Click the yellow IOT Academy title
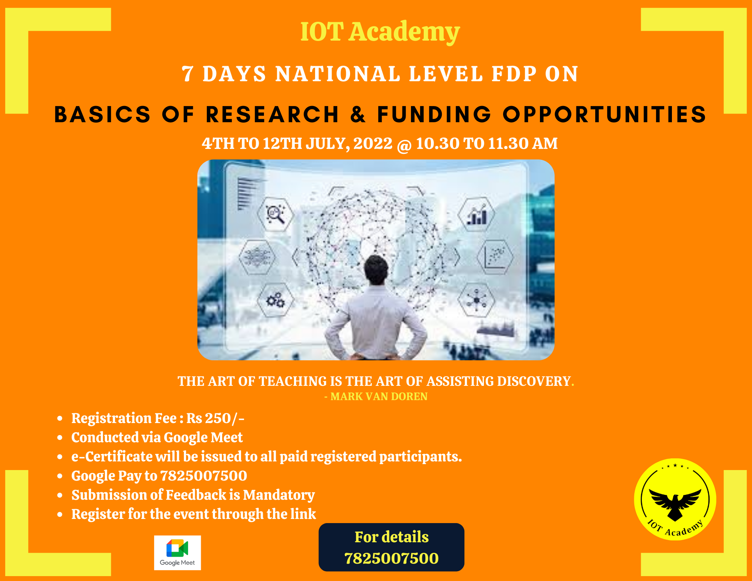pos(380,32)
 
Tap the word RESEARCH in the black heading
pos(272,114)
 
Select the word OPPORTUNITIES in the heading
pos(605,114)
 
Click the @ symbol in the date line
pos(404,144)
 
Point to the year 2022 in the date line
pos(373,143)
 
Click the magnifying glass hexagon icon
pos(275,214)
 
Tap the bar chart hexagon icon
pos(476,214)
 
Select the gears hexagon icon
pos(275,300)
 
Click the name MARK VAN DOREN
pos(379,396)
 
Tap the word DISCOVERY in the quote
pos(534,381)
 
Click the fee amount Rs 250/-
pos(215,418)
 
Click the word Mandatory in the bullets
pos(279,496)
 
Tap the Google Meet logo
pos(177,552)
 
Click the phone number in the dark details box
pos(391,558)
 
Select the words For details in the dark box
pos(391,537)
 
